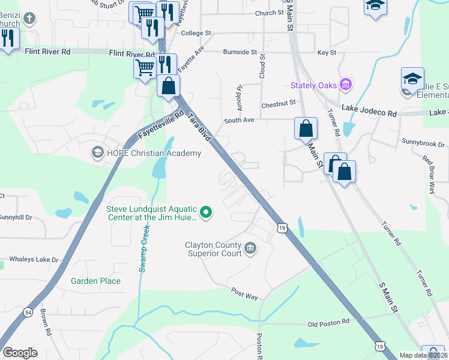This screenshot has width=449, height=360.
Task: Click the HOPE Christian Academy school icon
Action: [x=97, y=153]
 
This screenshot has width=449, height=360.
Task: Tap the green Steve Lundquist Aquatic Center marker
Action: [x=206, y=212]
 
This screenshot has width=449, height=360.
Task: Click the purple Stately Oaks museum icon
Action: [x=345, y=85]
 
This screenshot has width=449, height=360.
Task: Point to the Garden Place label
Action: [x=95, y=281]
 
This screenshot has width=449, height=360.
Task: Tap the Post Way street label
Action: [x=244, y=293]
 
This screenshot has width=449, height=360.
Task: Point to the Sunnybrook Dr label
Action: [x=423, y=145]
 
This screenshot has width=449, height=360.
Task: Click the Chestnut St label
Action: [x=279, y=104]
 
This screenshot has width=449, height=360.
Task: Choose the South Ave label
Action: [x=240, y=120]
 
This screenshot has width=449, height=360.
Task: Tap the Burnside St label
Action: [x=240, y=52]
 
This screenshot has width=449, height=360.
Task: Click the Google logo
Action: [x=20, y=353]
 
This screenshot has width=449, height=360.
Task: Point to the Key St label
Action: [x=327, y=53]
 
